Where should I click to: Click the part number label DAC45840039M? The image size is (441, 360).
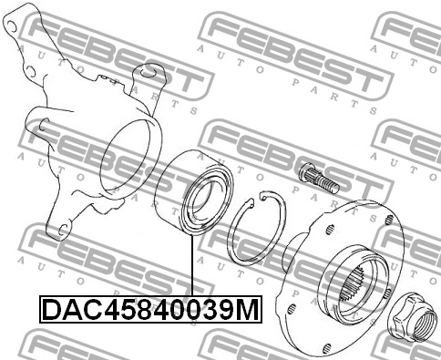[x=150, y=309]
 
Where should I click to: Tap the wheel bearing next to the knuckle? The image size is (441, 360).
[x=194, y=192]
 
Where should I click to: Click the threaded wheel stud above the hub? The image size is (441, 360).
[x=319, y=178]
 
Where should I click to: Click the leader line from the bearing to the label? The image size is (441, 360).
[x=192, y=265]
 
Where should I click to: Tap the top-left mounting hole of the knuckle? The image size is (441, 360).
[x=11, y=26]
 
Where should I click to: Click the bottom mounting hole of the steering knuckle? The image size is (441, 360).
[x=63, y=231]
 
